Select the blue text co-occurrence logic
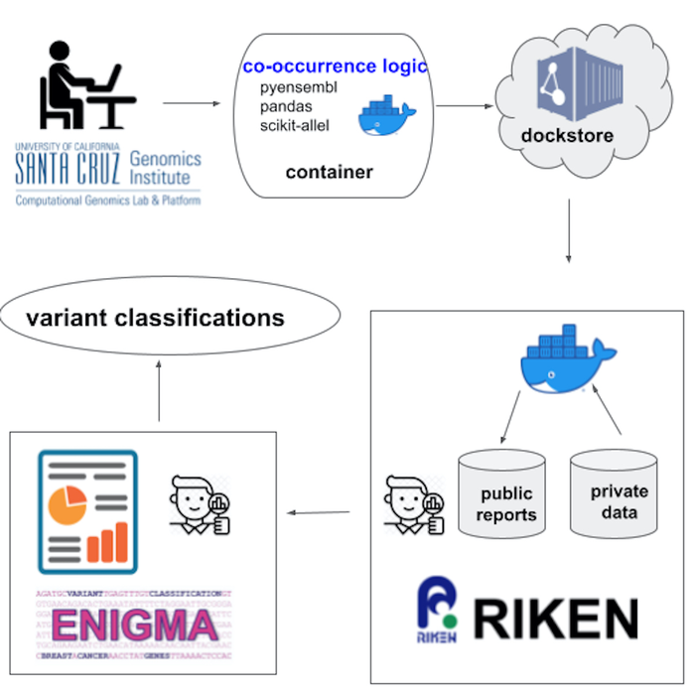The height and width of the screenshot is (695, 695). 335,67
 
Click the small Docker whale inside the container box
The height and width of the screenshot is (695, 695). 386,115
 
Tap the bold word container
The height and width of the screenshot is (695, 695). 329,172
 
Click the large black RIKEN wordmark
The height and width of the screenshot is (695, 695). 556,617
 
